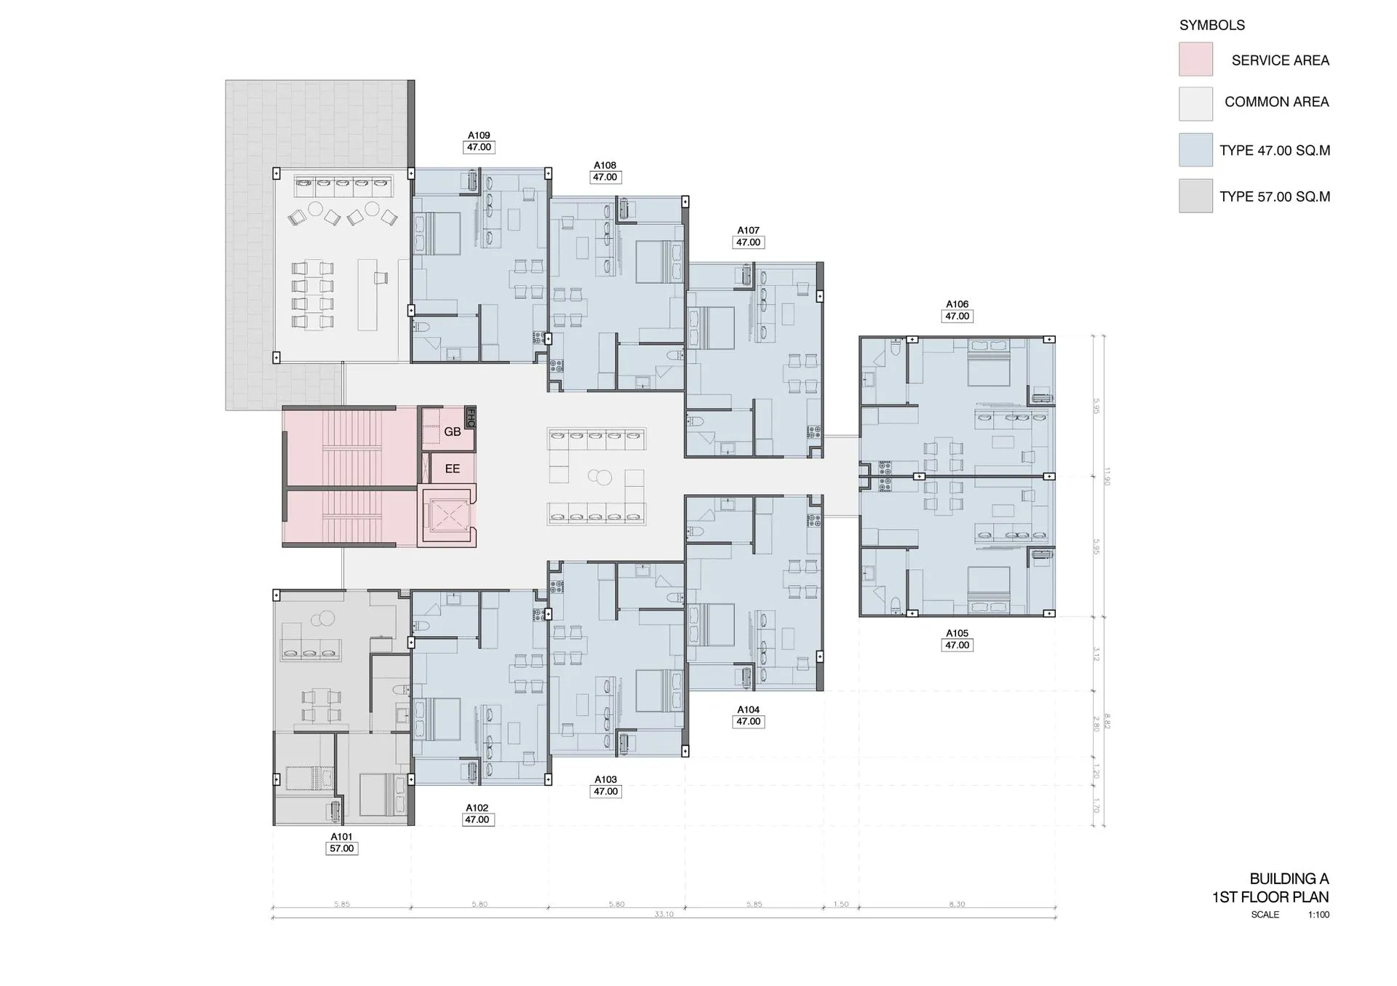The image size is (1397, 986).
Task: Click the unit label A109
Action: [x=478, y=135]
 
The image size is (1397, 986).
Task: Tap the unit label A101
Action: [x=341, y=837]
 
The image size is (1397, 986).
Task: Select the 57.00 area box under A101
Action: [x=341, y=848]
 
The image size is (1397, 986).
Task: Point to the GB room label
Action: [x=452, y=432]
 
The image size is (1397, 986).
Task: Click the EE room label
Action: [x=452, y=469]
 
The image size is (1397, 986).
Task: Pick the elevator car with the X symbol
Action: [x=447, y=517]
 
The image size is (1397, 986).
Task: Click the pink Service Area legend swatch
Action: [x=1195, y=59]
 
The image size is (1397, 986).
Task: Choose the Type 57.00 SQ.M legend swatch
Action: [x=1195, y=196]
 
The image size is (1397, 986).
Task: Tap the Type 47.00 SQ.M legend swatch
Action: [x=1195, y=150]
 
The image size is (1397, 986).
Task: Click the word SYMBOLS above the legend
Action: [x=1211, y=25]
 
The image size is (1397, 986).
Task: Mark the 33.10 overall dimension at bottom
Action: [x=664, y=914]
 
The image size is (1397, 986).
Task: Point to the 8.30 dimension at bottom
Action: [x=957, y=905]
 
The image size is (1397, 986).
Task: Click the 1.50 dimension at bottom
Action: [x=840, y=905]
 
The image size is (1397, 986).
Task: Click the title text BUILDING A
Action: [x=1289, y=878]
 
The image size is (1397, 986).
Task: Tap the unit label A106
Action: [x=957, y=304]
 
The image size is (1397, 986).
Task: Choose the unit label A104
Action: [x=748, y=709]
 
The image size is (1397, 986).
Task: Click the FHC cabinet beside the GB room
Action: [x=470, y=416]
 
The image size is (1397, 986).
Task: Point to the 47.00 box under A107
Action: [x=748, y=242]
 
